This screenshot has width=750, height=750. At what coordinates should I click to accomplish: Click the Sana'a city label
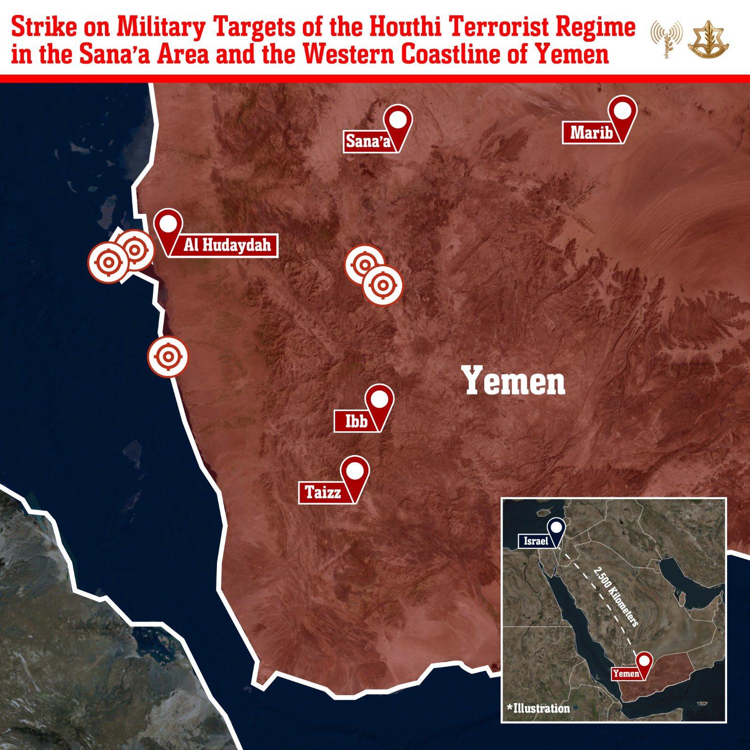pos(368,141)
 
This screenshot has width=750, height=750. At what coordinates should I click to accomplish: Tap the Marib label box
pos(591,133)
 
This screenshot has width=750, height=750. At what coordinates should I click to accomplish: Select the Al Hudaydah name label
pos(227,245)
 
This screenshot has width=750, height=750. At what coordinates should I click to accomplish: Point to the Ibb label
pos(356,421)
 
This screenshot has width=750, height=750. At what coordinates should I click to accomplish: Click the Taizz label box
pos(323,493)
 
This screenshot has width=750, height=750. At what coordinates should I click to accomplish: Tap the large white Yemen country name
pos(515,381)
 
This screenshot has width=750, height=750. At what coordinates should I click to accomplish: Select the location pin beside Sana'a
pos(397,120)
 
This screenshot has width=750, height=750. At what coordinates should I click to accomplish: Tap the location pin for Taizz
pos(355,472)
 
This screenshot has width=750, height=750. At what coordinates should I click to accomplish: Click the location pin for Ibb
pos(379,401)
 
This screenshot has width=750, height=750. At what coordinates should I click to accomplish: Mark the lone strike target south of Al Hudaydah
pos(167,357)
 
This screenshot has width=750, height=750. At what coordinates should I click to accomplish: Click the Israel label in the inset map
pos(536,541)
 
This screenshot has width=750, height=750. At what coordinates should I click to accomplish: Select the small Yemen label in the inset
pos(626,674)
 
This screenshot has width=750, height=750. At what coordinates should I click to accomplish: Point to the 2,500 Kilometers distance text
pos(615,597)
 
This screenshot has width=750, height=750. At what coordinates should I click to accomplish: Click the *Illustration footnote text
pos(538,708)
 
